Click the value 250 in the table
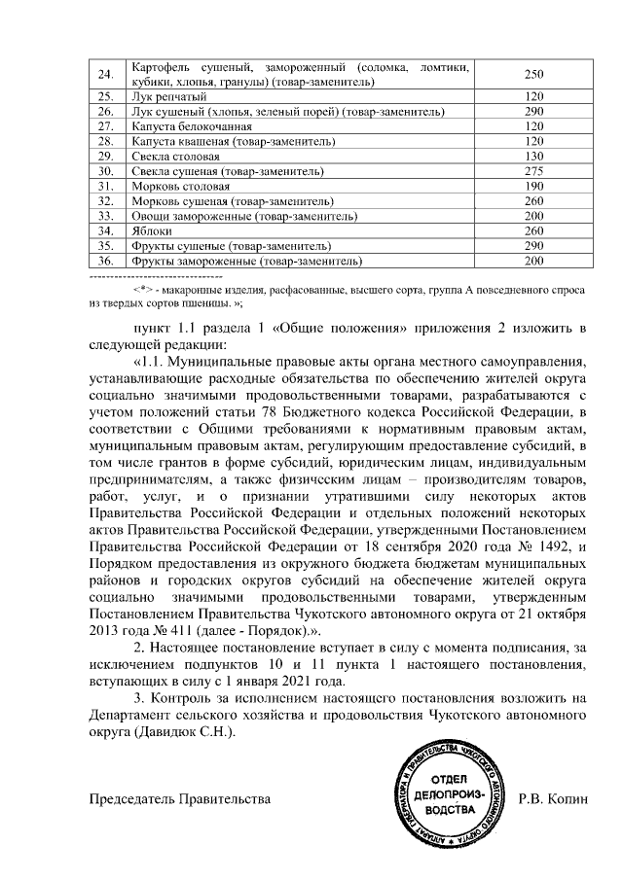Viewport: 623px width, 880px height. [533, 75]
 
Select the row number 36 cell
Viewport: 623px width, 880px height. [106, 261]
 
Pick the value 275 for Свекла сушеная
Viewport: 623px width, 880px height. [533, 170]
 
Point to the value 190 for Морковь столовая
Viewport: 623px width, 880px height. [533, 185]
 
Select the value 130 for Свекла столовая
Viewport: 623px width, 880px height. [533, 156]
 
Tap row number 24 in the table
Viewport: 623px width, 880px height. [106, 75]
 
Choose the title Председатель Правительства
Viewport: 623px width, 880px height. [179, 799]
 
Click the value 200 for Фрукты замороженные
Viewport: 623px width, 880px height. [533, 261]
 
